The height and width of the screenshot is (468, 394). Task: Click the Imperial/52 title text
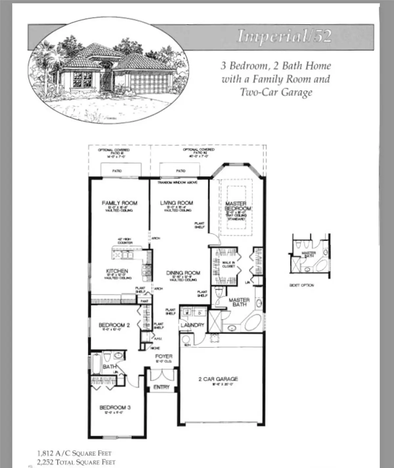tap(284, 36)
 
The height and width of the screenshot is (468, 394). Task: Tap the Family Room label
tap(120, 203)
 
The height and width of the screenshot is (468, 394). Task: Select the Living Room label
tap(177, 203)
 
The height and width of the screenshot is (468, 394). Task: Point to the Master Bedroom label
tap(238, 206)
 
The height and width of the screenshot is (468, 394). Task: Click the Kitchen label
tap(117, 271)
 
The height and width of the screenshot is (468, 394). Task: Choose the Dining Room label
tap(183, 273)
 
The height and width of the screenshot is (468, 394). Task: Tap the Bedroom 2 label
tap(114, 325)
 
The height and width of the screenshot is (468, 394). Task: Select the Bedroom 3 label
tap(115, 407)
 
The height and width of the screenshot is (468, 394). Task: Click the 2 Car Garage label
tap(218, 379)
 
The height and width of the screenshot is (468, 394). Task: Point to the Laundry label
tap(192, 325)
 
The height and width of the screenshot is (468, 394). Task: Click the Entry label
tap(162, 387)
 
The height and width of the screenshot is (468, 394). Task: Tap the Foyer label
tap(164, 356)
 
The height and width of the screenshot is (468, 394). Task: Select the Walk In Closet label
tap(229, 264)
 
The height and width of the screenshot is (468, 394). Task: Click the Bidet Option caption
tap(302, 285)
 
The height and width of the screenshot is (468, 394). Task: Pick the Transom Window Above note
tap(177, 182)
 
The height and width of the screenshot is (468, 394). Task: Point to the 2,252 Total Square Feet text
tap(76, 462)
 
